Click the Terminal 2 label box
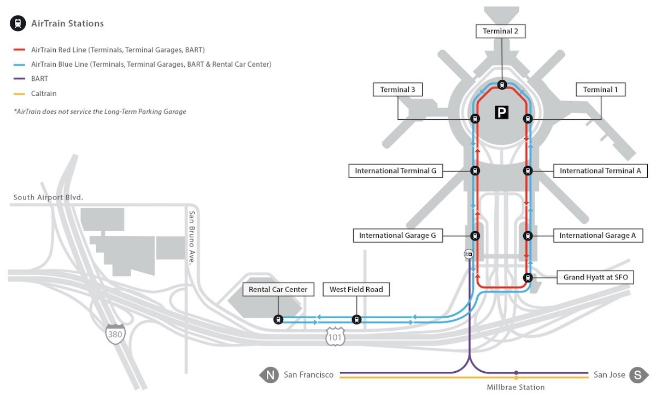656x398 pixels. pyautogui.click(x=501, y=32)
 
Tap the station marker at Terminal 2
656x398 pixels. pyautogui.click(x=502, y=85)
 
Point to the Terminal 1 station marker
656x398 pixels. pyautogui.click(x=528, y=119)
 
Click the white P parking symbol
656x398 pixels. pyautogui.click(x=502, y=113)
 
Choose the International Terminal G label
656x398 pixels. pyautogui.click(x=395, y=171)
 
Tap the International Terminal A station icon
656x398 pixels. pyautogui.click(x=528, y=171)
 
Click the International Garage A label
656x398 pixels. pyautogui.click(x=598, y=236)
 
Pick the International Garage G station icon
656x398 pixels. pyautogui.click(x=475, y=236)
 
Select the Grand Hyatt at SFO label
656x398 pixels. pyautogui.click(x=595, y=278)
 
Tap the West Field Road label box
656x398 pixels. pyautogui.click(x=356, y=290)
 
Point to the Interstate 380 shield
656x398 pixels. pyautogui.click(x=116, y=333)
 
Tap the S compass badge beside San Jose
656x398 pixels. pyautogui.click(x=637, y=376)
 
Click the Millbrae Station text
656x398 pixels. pyautogui.click(x=516, y=387)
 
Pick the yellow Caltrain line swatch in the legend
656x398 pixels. pyautogui.click(x=19, y=94)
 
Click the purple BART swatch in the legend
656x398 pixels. pyautogui.click(x=19, y=79)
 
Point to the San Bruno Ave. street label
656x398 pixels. pyautogui.click(x=192, y=238)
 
